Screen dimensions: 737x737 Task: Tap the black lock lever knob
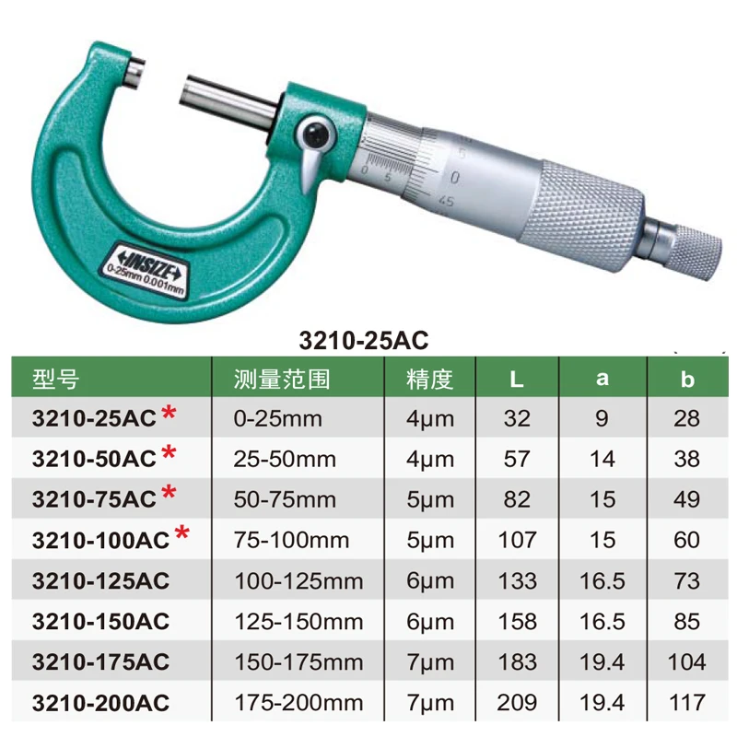(x=315, y=134)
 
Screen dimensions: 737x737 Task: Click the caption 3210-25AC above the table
(x=364, y=340)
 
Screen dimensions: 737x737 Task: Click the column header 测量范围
(x=282, y=379)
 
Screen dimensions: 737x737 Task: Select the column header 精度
(x=429, y=379)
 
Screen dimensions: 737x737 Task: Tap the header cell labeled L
(x=517, y=380)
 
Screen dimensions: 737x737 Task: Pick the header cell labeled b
(x=686, y=380)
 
